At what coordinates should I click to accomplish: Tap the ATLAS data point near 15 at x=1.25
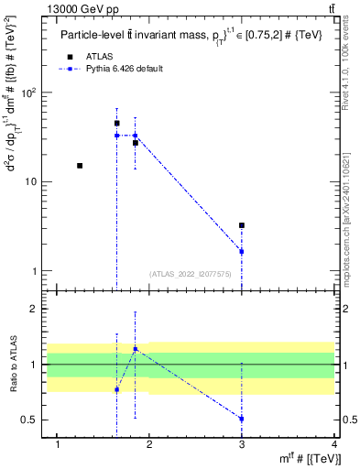80,166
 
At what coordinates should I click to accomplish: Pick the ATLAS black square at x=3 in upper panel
242,225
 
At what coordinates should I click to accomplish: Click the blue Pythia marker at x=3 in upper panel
242,251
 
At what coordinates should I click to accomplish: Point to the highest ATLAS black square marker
116,123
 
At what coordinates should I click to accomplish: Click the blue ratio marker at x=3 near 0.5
242,419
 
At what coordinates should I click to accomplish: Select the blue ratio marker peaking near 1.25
136,349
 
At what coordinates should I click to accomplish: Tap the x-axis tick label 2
150,444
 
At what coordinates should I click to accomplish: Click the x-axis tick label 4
334,444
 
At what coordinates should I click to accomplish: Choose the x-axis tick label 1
58,444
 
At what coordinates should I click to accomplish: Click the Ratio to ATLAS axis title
12,365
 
